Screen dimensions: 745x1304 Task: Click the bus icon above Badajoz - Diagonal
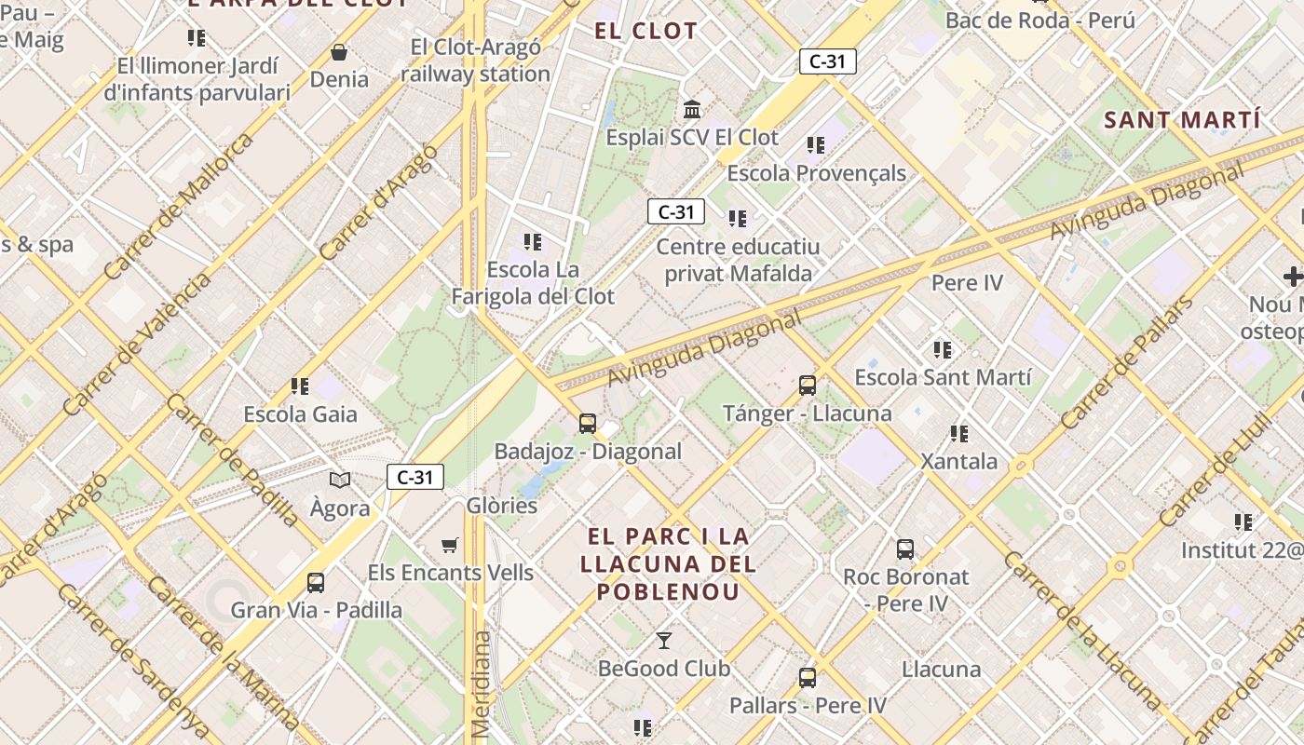tap(588, 424)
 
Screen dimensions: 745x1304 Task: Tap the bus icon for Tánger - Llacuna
tap(808, 386)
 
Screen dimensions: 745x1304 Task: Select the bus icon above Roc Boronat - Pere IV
tap(905, 549)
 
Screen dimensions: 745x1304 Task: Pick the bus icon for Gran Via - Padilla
tap(316, 583)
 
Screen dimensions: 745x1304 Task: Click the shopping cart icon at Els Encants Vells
tap(450, 545)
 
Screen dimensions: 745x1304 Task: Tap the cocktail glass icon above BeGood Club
tap(664, 641)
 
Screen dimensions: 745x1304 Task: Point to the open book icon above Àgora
tap(340, 481)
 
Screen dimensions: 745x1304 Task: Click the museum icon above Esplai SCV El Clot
tap(692, 110)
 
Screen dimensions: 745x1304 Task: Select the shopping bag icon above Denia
tap(339, 52)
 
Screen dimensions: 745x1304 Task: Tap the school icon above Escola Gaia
tap(300, 386)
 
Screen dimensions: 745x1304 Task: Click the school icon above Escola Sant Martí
tap(943, 350)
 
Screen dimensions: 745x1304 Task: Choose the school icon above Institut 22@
tap(1243, 522)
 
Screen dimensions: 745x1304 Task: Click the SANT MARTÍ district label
tap(1182, 120)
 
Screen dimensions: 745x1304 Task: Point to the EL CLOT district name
tap(645, 31)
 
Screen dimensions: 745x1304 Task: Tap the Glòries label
tap(502, 506)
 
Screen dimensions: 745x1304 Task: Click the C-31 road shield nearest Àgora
tap(415, 478)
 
